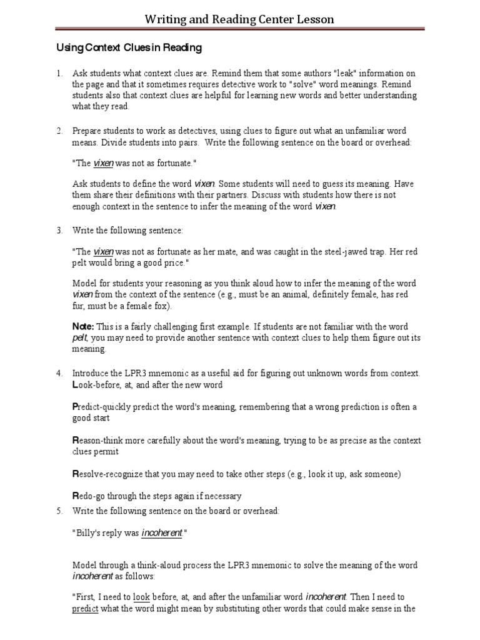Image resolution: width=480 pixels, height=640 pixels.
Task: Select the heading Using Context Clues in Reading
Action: [129, 47]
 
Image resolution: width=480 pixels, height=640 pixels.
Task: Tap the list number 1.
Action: [59, 74]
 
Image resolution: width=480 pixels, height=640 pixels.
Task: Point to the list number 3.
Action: [59, 231]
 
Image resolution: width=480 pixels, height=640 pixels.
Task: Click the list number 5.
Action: [59, 511]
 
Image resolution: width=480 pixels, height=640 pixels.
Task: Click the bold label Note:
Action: [83, 327]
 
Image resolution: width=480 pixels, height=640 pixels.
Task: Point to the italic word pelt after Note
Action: [81, 338]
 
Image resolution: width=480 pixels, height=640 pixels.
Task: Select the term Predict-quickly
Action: [102, 407]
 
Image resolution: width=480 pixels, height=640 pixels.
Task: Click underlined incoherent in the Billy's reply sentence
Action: [162, 533]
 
